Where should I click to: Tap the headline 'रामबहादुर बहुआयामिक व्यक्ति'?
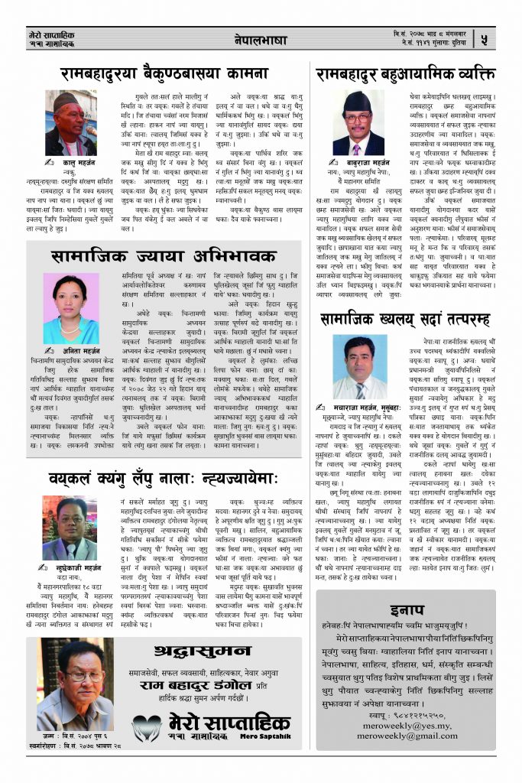pyautogui.click(x=405, y=74)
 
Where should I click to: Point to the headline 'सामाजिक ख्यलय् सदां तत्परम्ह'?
pyautogui.click(x=406, y=317)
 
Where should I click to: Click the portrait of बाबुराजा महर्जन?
pyautogui.click(x=358, y=123)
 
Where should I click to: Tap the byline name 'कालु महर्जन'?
pyautogui.click(x=75, y=164)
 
